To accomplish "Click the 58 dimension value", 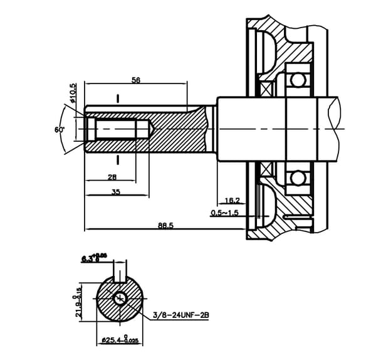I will tap(135, 80).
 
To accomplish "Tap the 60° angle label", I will tap(60, 129).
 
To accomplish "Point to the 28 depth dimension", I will tap(113, 177).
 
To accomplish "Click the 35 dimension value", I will tap(116, 192).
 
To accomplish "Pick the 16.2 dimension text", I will tap(232, 201).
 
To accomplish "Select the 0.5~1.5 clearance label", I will tap(225, 213).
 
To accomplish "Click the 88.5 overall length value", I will tap(166, 225).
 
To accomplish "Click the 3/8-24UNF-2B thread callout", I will tap(180, 316).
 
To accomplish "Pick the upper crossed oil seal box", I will tap(266, 90).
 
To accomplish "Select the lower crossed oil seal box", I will tap(266, 168).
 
